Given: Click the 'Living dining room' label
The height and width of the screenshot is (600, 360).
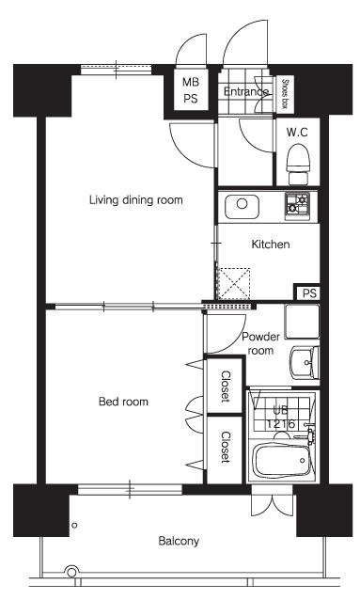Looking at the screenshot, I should point(135,199).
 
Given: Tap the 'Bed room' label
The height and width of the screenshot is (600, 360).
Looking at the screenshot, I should point(124,402).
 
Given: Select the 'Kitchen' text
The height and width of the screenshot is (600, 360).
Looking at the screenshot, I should point(270,245).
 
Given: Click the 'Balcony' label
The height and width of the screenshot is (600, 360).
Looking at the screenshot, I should point(178,541).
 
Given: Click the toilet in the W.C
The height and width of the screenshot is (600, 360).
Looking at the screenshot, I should point(298,161).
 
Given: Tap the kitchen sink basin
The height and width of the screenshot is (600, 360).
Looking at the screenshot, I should point(241,204).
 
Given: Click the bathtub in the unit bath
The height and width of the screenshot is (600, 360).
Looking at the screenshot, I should point(281,462).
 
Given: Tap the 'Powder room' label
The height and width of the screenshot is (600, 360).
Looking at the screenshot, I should point(260,343).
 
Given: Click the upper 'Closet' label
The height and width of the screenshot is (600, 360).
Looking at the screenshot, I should point(226,386).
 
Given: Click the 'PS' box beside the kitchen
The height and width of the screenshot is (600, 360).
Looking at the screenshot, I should point(308,293).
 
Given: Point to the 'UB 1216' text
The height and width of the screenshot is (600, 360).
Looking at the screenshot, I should point(281,417).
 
